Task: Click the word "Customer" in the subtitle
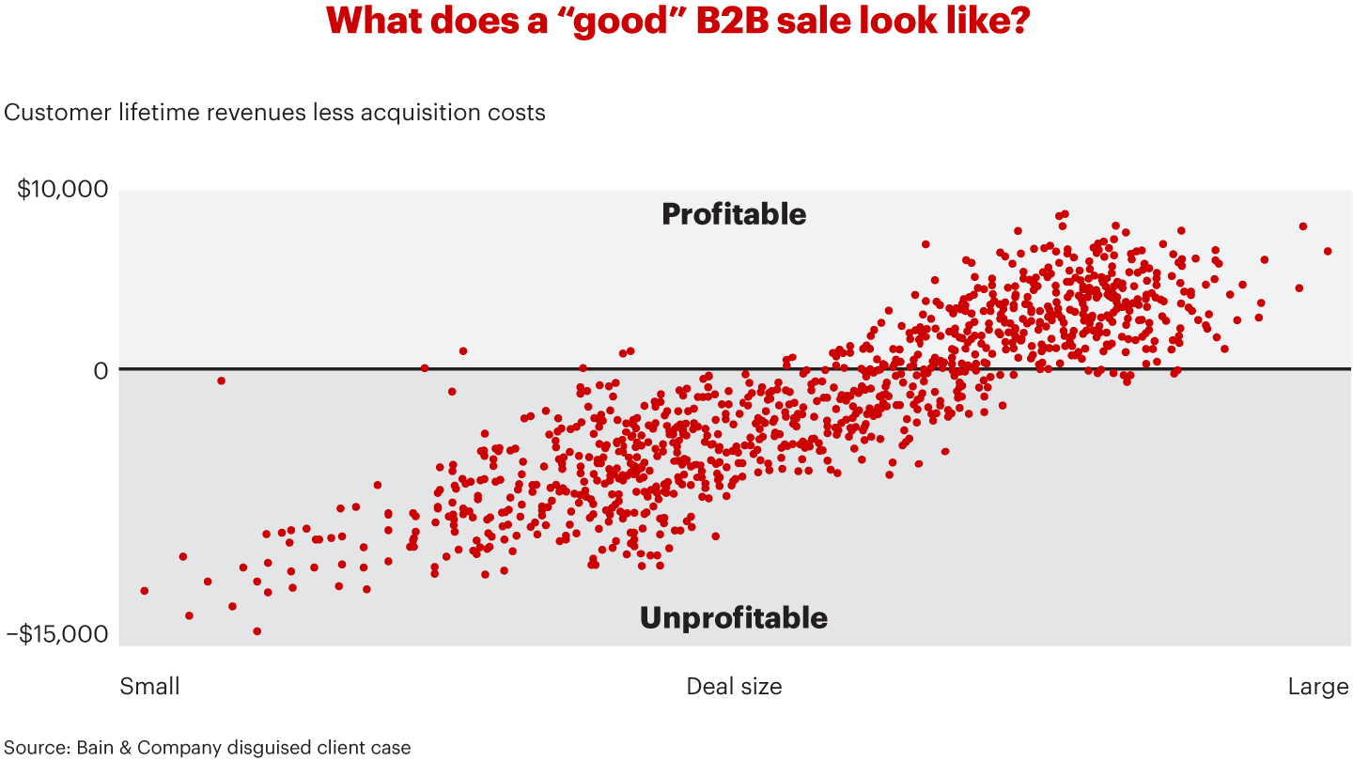57,113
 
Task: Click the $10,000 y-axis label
63,190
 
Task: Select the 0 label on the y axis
101,370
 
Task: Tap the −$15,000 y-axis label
57,634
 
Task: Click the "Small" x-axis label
149,687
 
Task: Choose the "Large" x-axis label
1317,687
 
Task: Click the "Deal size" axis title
734,687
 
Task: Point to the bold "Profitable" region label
734,214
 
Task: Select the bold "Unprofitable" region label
734,617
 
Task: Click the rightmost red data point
1328,251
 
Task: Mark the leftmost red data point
144,591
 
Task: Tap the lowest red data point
257,631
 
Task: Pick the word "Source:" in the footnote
37,748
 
